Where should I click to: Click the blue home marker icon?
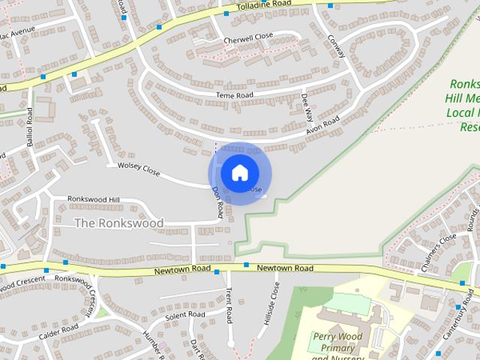click(x=239, y=172)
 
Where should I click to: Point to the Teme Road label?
click(x=235, y=95)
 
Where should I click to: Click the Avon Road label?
click(x=322, y=126)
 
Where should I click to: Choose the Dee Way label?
click(x=306, y=108)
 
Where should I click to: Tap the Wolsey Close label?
click(x=133, y=168)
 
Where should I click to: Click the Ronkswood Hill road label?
click(x=94, y=199)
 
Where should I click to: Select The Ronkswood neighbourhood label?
click(x=118, y=223)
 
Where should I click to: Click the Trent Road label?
click(x=229, y=304)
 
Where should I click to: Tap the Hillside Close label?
click(x=270, y=304)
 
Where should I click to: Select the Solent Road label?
click(x=185, y=316)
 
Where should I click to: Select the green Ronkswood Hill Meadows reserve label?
click(x=465, y=105)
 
